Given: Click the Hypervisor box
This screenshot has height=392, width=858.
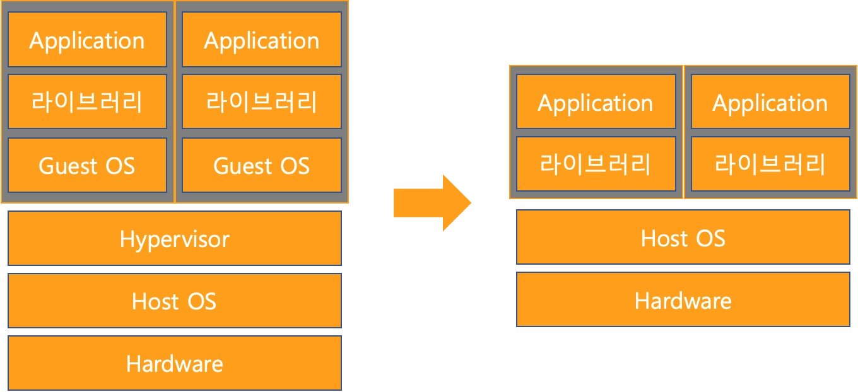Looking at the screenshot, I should pos(175,239).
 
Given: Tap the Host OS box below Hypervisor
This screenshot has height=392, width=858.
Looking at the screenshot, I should pos(175,301).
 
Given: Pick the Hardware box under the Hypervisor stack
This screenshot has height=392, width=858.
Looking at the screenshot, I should pos(175,363).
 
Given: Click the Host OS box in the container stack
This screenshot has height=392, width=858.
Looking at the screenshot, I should pos(683,238).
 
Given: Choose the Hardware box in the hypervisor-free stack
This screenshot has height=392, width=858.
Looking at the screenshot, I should pos(683,300).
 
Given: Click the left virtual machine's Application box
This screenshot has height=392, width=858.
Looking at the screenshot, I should pos(87,40).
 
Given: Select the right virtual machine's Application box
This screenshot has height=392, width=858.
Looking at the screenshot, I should pos(262,40).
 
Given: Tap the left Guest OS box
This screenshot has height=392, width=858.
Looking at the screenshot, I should pos(87,165).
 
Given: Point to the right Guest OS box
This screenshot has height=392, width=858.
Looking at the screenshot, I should pos(262,165).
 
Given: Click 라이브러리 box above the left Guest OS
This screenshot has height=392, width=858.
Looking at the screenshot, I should pos(87,101).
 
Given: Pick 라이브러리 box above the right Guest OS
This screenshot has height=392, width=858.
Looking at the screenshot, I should pos(262,101).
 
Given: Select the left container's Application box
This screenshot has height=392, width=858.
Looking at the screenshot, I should pos(596,102).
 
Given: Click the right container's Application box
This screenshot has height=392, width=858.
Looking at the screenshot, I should pos(770,102).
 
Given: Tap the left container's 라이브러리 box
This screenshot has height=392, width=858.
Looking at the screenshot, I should pos(596,164).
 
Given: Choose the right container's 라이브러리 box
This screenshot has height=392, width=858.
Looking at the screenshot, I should pos(770,164).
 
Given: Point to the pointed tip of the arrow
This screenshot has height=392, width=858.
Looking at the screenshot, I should pos(472,202).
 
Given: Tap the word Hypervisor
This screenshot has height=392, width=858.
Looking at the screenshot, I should pos(175,239).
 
